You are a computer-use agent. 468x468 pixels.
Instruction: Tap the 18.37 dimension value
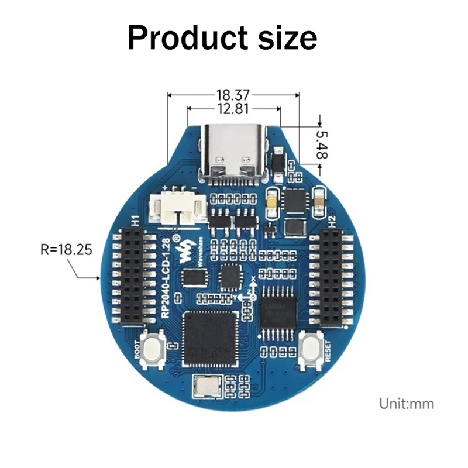click(x=233, y=94)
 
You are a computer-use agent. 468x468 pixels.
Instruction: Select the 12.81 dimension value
click(x=233, y=109)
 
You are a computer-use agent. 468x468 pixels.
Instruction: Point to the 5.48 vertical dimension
click(x=321, y=144)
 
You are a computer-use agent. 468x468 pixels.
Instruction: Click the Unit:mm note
click(x=407, y=403)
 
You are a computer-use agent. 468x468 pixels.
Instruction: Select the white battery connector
click(x=177, y=208)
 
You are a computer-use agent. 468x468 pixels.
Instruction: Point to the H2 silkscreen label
click(x=332, y=222)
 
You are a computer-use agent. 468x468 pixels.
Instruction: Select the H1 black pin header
click(x=132, y=276)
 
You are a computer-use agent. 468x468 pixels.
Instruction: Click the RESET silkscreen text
click(x=326, y=352)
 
